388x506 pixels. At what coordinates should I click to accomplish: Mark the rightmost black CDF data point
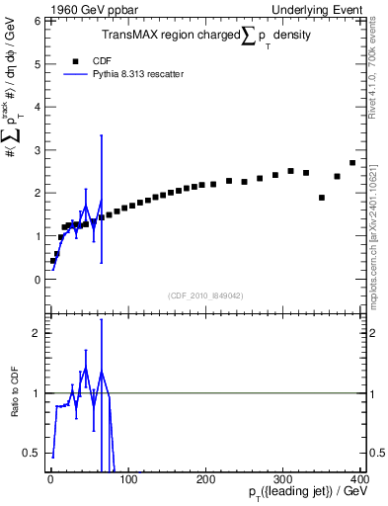tap(352, 163)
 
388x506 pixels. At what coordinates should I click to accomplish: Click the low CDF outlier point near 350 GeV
tap(322, 198)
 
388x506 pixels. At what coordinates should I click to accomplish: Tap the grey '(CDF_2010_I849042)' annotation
tap(204, 295)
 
